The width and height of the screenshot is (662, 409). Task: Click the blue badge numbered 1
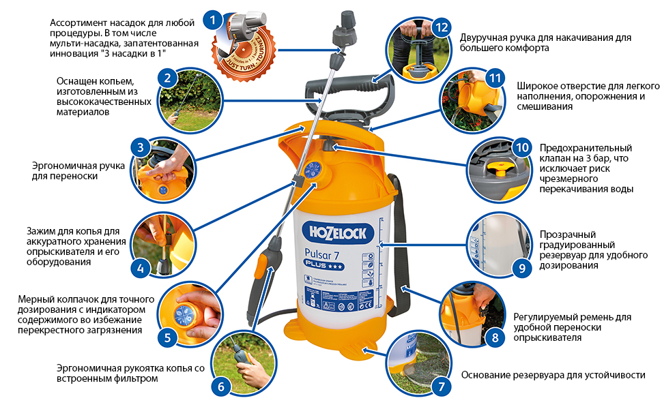pos(215,20)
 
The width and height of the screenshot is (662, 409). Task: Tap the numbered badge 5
pos(167,335)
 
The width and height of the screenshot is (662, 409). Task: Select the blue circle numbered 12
pos(442,28)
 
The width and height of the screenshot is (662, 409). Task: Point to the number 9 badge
pos(521,267)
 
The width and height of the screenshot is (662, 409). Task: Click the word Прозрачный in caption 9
pos(563,233)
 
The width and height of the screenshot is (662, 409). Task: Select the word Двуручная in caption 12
pos(483,37)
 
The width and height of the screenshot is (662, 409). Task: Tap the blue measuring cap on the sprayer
pos(313,170)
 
